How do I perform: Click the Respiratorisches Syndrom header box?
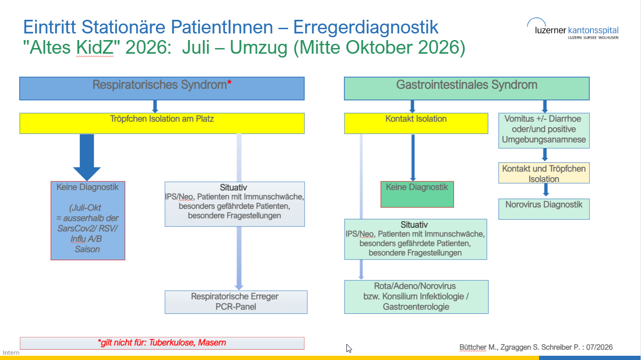[x=162, y=89]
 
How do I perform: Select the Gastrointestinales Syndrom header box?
[x=467, y=89]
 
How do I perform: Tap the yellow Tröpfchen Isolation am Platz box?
[x=162, y=123]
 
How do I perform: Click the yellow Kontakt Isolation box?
[x=416, y=123]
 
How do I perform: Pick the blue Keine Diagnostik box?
[x=88, y=221]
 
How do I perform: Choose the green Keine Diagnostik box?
[x=417, y=194]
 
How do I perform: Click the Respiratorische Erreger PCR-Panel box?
[x=236, y=302]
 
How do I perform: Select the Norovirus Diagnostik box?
[x=544, y=209]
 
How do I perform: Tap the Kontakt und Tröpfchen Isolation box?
[x=544, y=173]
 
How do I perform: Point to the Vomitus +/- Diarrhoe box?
[x=544, y=131]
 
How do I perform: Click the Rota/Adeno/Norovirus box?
[x=416, y=297]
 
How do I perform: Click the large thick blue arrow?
[x=87, y=157]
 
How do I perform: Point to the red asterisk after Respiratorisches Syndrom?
[x=229, y=83]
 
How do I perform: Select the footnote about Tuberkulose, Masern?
[x=162, y=343]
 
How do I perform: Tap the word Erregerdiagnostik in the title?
[x=365, y=27]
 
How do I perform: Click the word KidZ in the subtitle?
[x=95, y=47]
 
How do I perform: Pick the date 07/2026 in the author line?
[x=599, y=347]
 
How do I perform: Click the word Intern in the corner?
[x=11, y=352]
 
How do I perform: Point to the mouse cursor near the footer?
[x=349, y=348]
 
